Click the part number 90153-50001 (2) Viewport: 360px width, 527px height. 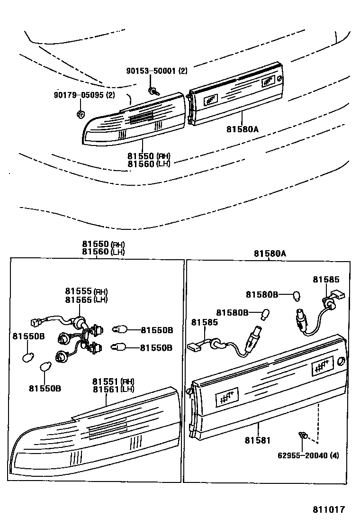click(156, 72)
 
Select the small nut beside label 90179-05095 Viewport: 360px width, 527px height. click(80, 114)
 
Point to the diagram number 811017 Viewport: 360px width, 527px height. click(328, 510)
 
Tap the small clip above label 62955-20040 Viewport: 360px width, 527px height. click(303, 435)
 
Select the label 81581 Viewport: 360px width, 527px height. click(257, 440)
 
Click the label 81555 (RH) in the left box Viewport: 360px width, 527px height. click(86, 291)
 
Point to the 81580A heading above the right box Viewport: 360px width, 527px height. click(270, 254)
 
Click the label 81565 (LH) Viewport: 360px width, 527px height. click(86, 300)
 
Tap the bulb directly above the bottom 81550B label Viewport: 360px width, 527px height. click(46, 367)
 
